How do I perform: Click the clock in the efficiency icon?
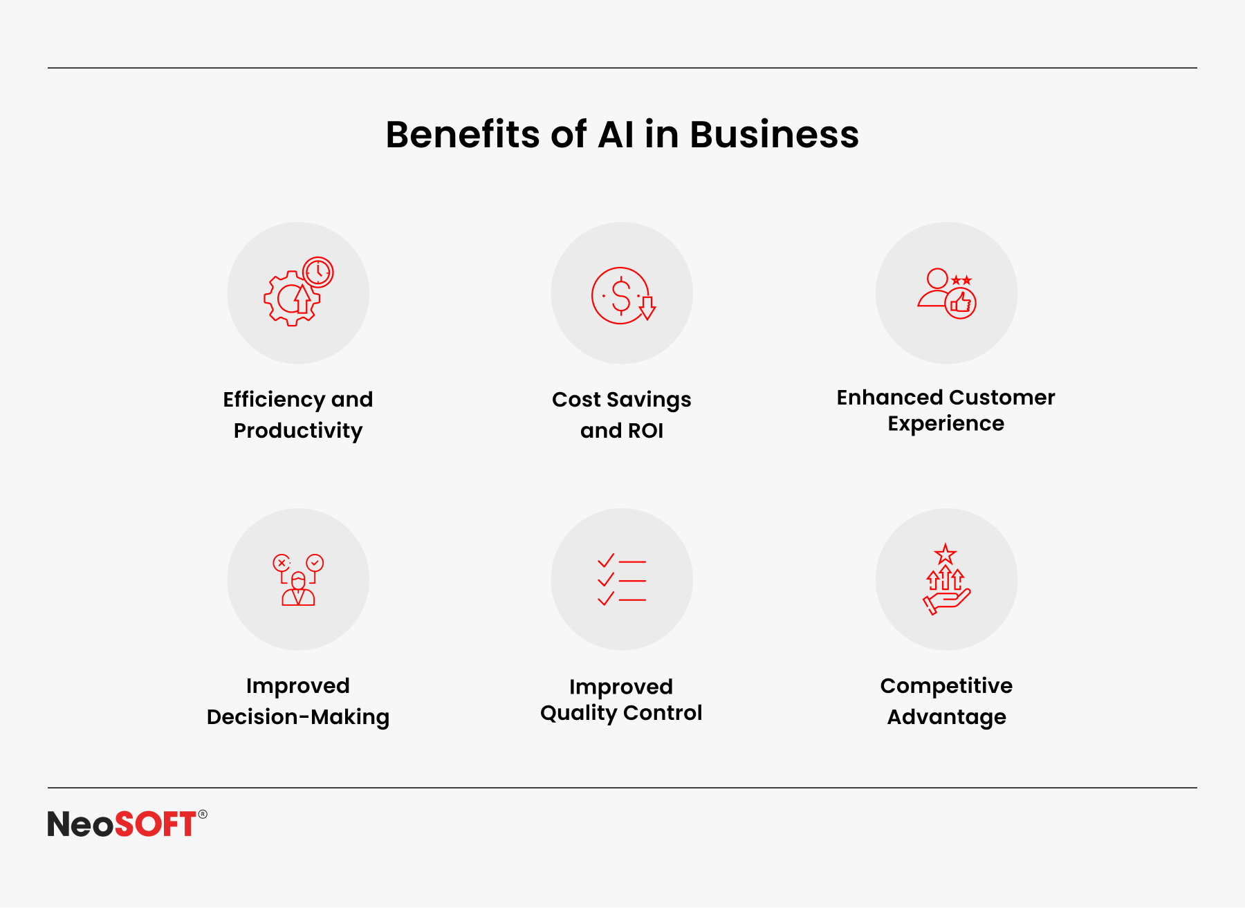click(318, 272)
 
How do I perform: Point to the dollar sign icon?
click(621, 295)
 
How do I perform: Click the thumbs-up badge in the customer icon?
click(961, 304)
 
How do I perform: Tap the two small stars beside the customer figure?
click(961, 280)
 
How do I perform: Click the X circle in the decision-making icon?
click(282, 563)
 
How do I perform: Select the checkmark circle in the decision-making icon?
click(315, 563)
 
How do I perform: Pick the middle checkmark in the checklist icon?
click(606, 580)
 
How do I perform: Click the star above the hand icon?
click(945, 554)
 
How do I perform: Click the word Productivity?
click(298, 431)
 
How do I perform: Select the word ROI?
click(645, 431)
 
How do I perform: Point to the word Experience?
click(946, 423)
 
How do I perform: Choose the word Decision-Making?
click(298, 717)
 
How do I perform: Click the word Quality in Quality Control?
click(578, 713)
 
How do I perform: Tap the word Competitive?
click(946, 685)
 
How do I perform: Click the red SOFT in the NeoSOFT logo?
click(156, 824)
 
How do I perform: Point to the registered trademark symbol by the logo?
click(203, 814)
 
